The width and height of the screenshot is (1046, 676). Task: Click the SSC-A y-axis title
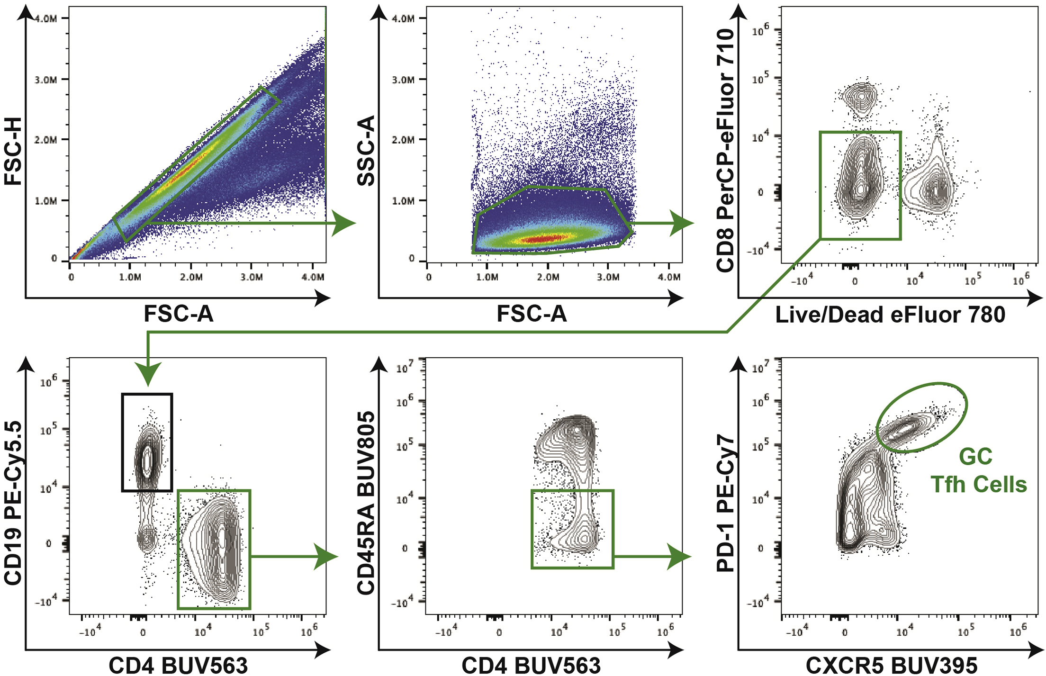coord(366,151)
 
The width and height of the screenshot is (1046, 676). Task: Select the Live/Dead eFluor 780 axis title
coord(890,315)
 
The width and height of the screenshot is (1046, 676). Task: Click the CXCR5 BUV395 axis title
coord(891,666)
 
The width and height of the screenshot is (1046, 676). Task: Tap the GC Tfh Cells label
coord(978,470)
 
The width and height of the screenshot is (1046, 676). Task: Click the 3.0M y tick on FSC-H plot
coord(46,80)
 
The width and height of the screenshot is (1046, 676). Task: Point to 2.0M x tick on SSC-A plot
coord(548,277)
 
